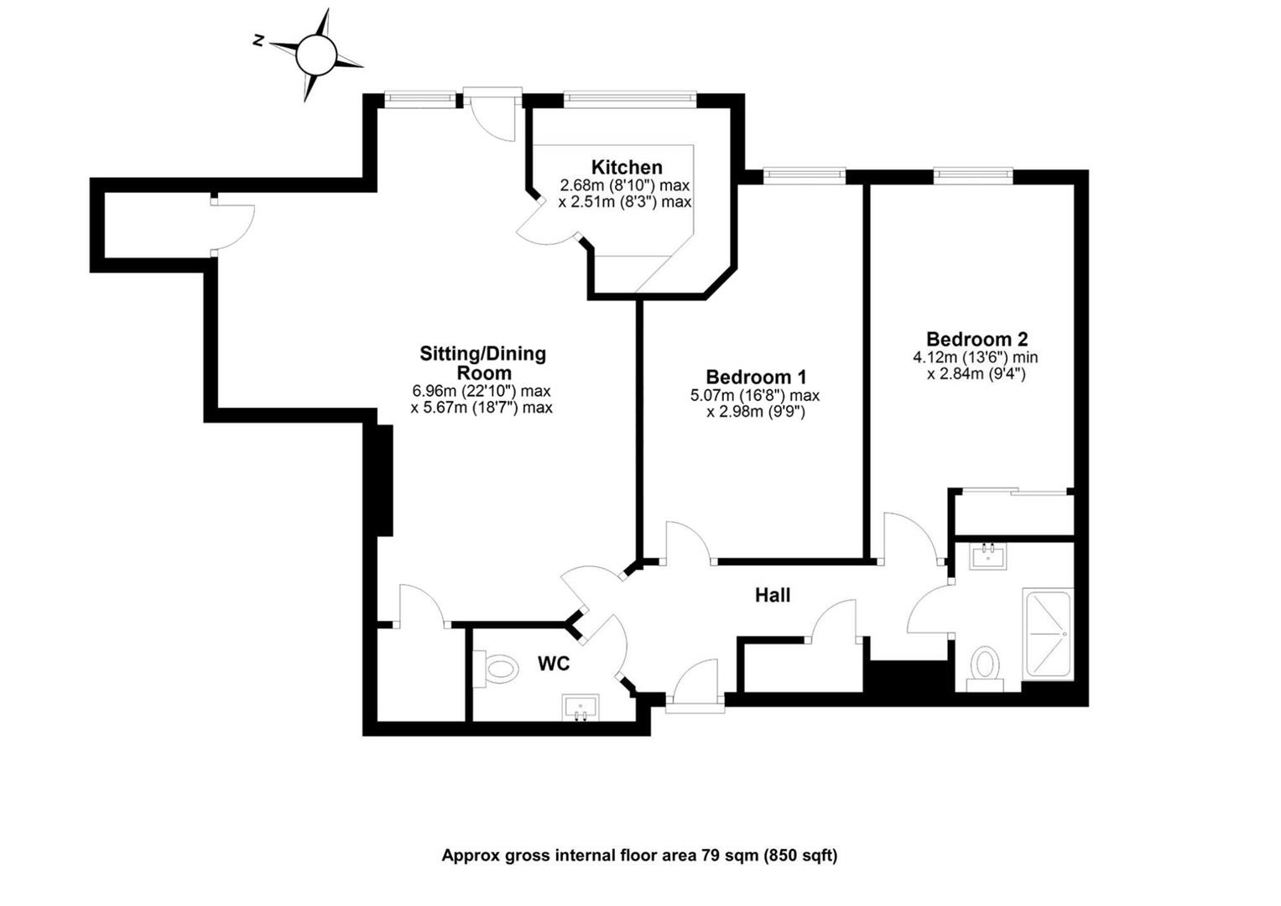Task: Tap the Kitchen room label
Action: pyautogui.click(x=627, y=168)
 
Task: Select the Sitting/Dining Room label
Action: pyautogui.click(x=482, y=363)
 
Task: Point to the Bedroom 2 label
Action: pyautogui.click(x=976, y=340)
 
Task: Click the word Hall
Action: pyautogui.click(x=773, y=596)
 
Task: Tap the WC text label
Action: pyautogui.click(x=554, y=664)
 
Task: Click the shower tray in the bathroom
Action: pyautogui.click(x=1046, y=635)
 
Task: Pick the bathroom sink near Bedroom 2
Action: pyautogui.click(x=988, y=556)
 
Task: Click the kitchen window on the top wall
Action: pyautogui.click(x=629, y=98)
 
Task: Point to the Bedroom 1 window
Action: pyautogui.click(x=804, y=174)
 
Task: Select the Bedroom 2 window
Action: pyautogui.click(x=973, y=174)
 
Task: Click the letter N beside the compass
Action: pyautogui.click(x=259, y=40)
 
